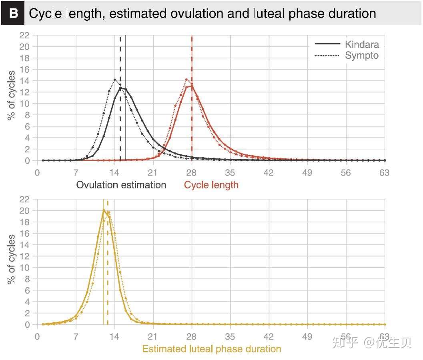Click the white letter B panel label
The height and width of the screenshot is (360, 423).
click(14, 13)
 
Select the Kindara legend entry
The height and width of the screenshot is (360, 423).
click(362, 44)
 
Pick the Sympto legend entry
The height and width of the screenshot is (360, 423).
click(361, 56)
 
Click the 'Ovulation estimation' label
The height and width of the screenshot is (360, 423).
click(121, 185)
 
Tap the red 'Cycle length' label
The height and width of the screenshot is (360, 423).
click(211, 185)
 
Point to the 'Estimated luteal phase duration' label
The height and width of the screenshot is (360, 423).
click(212, 349)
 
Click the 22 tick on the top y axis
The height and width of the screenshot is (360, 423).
click(24, 35)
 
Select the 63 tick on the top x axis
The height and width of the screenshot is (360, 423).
click(384, 173)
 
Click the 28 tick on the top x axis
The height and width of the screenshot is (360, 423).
click(192, 173)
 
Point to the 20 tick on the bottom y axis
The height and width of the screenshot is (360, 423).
click(24, 210)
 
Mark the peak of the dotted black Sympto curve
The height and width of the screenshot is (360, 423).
click(115, 80)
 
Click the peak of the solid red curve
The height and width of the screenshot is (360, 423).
click(192, 86)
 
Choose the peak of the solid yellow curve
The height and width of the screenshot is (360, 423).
click(104, 210)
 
